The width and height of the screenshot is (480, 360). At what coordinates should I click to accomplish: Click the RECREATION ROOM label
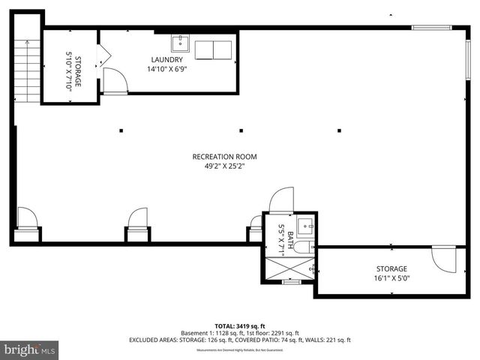[x=224, y=157]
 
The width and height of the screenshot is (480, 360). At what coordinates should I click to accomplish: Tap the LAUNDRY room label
[x=166, y=60]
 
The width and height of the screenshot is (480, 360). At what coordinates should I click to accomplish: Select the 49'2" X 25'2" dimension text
[x=224, y=166]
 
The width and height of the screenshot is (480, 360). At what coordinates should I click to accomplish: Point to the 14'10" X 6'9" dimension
[x=166, y=70]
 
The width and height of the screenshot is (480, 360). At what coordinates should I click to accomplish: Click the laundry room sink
[x=180, y=41]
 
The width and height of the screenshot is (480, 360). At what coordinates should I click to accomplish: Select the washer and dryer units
[x=214, y=49]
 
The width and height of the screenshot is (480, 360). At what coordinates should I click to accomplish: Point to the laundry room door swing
[x=113, y=79]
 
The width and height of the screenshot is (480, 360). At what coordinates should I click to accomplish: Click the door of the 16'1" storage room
[x=445, y=259]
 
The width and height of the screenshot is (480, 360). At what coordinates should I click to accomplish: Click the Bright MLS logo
[x=30, y=349]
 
